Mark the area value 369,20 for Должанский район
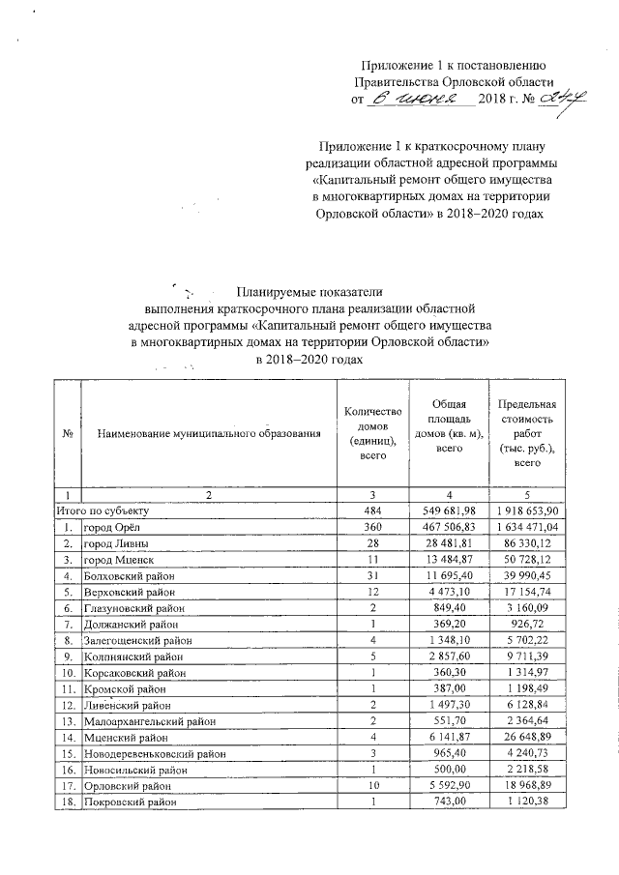click(x=450, y=627)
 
